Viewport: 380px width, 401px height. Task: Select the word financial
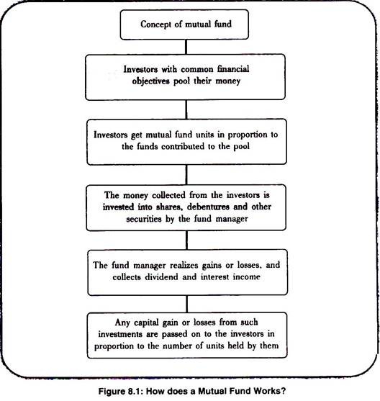[233, 69]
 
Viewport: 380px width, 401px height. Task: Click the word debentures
[208, 207]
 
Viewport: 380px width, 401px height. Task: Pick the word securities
[144, 219]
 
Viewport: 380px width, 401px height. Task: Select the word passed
[173, 334]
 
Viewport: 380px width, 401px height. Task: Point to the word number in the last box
[175, 346]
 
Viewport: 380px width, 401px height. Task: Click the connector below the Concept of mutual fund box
[186, 47]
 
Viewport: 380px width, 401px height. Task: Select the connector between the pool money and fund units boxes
[186, 109]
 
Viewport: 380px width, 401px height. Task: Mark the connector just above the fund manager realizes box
[186, 240]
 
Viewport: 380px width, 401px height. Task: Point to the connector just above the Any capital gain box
[187, 304]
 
